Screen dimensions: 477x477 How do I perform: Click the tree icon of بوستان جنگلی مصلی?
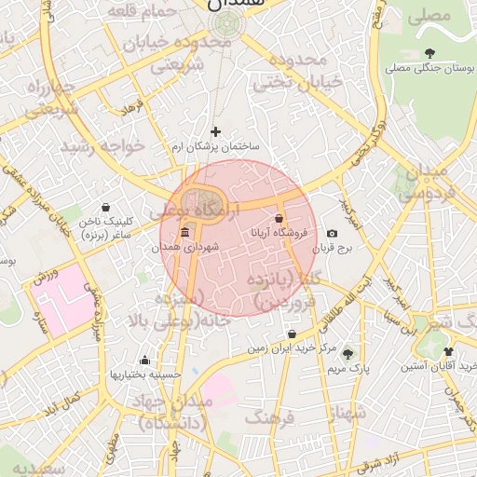click(429, 53)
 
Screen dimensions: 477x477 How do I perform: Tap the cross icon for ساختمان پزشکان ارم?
click(216, 131)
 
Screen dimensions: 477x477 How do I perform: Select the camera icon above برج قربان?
click(333, 233)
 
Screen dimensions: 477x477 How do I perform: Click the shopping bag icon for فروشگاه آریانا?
click(279, 219)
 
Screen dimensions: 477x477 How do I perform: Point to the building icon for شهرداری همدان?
click(184, 232)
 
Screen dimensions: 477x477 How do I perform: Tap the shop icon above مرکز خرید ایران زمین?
click(293, 334)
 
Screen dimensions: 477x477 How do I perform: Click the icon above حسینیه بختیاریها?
click(143, 360)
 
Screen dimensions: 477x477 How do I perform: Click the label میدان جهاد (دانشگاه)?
click(177, 411)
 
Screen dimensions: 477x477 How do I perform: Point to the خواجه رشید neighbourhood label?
click(103, 146)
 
